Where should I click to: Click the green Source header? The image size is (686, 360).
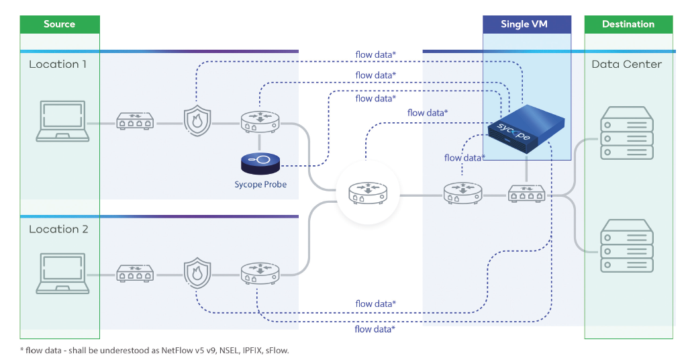[59, 24]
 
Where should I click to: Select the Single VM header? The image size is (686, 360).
[524, 24]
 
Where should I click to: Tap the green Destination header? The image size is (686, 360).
[628, 24]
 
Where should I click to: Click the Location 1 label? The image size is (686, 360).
[58, 64]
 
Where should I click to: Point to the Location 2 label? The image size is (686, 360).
[58, 229]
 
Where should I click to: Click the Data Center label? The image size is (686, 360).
[626, 64]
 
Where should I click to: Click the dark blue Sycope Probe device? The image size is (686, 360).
[260, 162]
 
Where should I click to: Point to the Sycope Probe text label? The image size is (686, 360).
[260, 184]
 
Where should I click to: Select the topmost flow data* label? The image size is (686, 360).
[375, 54]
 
